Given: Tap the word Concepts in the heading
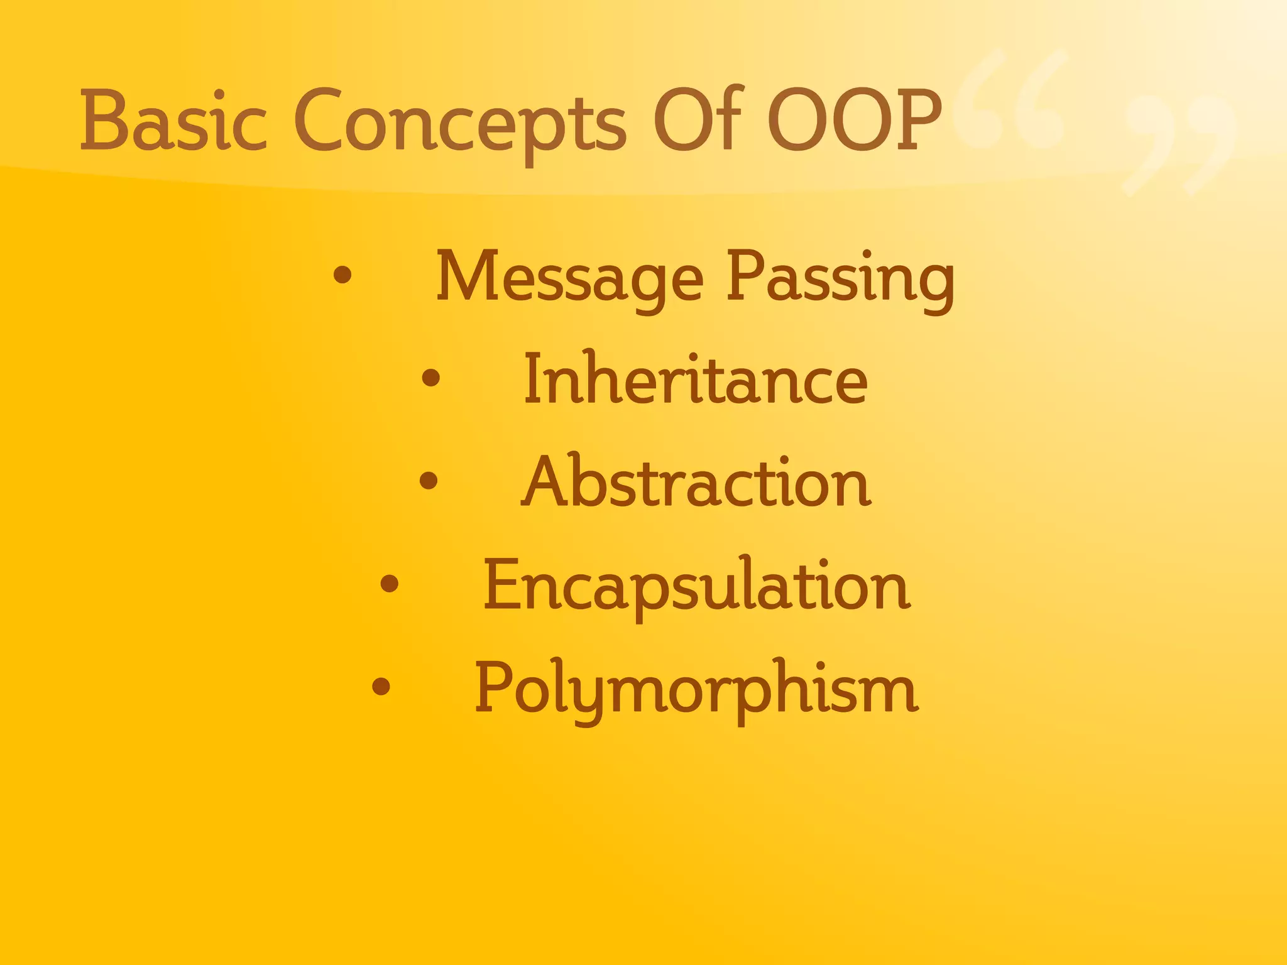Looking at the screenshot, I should (460, 123).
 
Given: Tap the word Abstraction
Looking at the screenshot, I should (696, 482).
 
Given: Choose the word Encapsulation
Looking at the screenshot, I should (696, 586).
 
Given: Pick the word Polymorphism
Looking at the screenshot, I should (696, 689).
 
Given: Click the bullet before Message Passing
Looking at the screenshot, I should (342, 275).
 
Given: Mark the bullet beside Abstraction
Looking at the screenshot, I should (428, 481).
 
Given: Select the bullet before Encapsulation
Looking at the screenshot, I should (390, 584).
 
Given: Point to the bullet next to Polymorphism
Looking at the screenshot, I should (381, 687).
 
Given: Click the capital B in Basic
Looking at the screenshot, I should (103, 121).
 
